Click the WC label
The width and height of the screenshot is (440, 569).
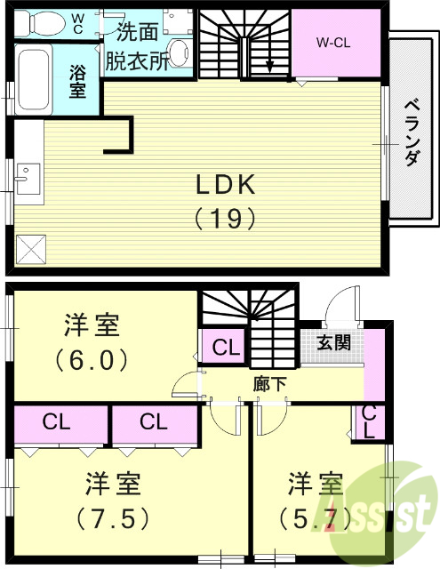(x=78, y=21)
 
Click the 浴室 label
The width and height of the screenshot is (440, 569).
(x=78, y=82)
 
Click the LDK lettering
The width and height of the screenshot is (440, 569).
(x=226, y=185)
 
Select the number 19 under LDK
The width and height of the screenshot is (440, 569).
(x=226, y=218)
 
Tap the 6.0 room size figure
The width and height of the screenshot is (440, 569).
(x=92, y=361)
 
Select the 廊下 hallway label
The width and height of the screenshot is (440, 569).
(x=269, y=384)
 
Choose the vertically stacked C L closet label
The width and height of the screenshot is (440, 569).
(x=370, y=422)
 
